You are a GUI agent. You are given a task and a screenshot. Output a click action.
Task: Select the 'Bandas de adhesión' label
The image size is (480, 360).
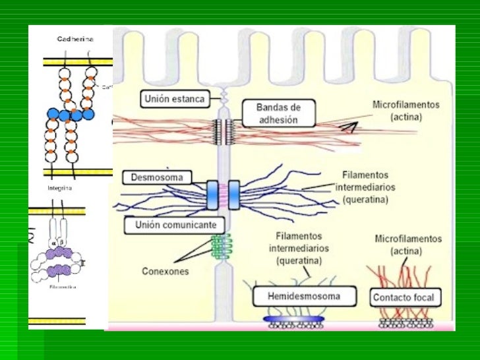click(x=277, y=113)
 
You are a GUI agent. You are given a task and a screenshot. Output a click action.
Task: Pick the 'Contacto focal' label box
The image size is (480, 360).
click(x=404, y=297)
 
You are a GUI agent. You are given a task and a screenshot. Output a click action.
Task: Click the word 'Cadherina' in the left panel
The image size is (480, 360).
click(x=75, y=39)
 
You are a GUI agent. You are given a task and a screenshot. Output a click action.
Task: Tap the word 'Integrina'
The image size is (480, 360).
click(x=59, y=188)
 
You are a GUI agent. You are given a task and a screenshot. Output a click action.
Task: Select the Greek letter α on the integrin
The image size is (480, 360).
click(x=51, y=241)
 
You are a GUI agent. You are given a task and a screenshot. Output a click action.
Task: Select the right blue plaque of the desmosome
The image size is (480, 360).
click(x=235, y=195)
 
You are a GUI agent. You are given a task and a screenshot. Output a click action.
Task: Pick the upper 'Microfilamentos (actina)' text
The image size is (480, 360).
click(x=405, y=111)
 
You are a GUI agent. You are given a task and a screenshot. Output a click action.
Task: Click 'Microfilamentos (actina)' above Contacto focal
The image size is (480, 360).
click(x=407, y=244)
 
